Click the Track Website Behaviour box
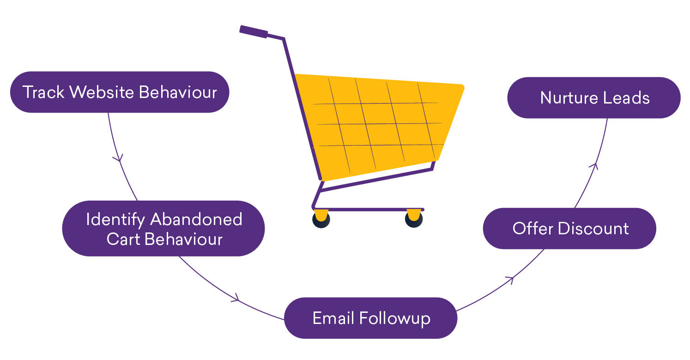coord(120,92)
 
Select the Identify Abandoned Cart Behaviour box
coord(163,228)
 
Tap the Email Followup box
coord(370,318)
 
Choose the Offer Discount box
coord(569,228)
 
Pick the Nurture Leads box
coord(594,98)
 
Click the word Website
coord(102,92)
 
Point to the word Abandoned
coord(196,220)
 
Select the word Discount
coord(593,229)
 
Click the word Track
coord(43,92)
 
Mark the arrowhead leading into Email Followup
coord(236,298)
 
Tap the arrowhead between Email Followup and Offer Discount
coord(510,279)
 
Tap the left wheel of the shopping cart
coord(321,219)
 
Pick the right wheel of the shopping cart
coord(414,219)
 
